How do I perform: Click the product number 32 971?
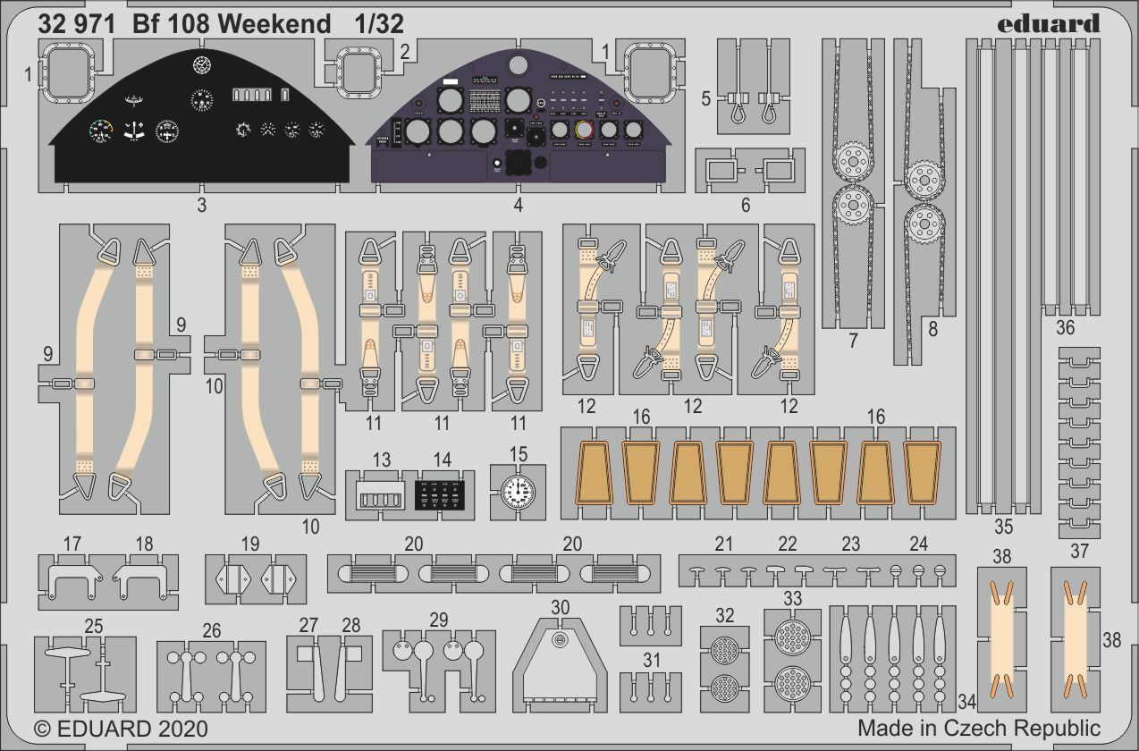[x=77, y=24]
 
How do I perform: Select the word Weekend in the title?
[x=274, y=24]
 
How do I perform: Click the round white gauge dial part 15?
[x=518, y=492]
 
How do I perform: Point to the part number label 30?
[x=560, y=607]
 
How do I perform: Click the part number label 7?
[x=854, y=341]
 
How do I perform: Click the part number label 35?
[x=1003, y=525]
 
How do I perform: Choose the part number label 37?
[x=1079, y=551]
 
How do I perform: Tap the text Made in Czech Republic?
[x=979, y=728]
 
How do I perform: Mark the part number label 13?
[x=382, y=460]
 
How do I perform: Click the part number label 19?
[x=249, y=544]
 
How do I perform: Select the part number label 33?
[x=792, y=598]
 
